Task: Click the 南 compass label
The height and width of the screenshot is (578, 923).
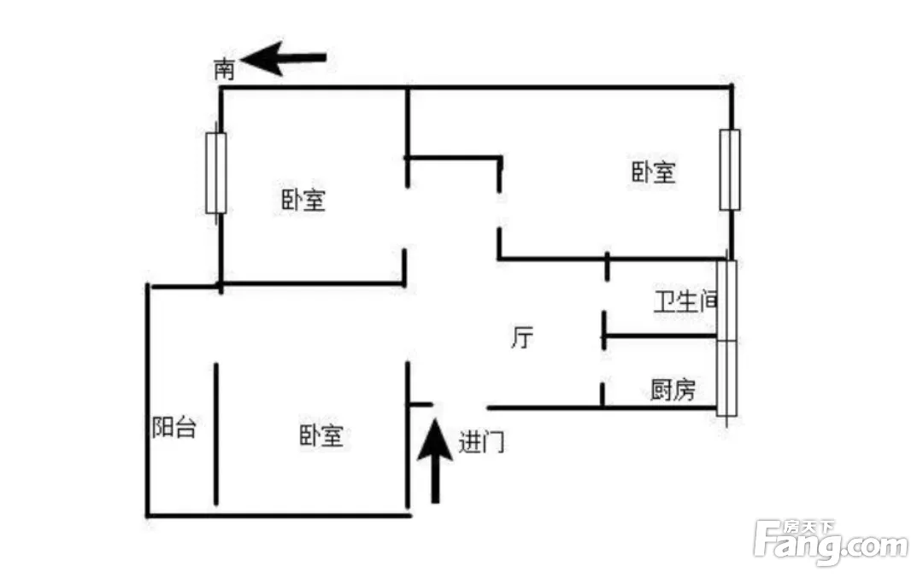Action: click(x=224, y=69)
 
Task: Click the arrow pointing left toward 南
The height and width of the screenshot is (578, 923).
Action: click(x=283, y=58)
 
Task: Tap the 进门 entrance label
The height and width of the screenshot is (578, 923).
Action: click(x=481, y=441)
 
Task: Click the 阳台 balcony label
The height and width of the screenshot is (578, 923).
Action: click(x=173, y=427)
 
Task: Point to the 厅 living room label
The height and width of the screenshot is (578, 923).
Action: click(x=522, y=337)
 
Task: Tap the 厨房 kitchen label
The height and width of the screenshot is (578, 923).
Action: click(x=673, y=389)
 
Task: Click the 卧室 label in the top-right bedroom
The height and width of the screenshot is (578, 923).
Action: click(x=654, y=172)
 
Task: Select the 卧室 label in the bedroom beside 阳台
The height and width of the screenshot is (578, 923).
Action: click(x=320, y=435)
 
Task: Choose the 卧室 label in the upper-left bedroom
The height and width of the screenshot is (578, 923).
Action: click(x=303, y=200)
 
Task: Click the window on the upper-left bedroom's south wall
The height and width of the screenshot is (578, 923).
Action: click(x=216, y=172)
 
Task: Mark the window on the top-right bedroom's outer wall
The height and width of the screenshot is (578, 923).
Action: click(x=730, y=170)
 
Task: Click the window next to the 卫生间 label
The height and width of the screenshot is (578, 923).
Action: click(x=727, y=300)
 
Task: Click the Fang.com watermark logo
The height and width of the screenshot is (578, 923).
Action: click(x=831, y=542)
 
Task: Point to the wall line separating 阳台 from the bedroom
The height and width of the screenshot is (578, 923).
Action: click(x=216, y=434)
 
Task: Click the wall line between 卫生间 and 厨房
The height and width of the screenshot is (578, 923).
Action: click(x=660, y=336)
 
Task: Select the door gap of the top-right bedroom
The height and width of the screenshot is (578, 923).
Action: click(x=499, y=210)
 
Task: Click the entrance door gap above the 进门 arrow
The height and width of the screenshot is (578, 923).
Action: click(x=460, y=406)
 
